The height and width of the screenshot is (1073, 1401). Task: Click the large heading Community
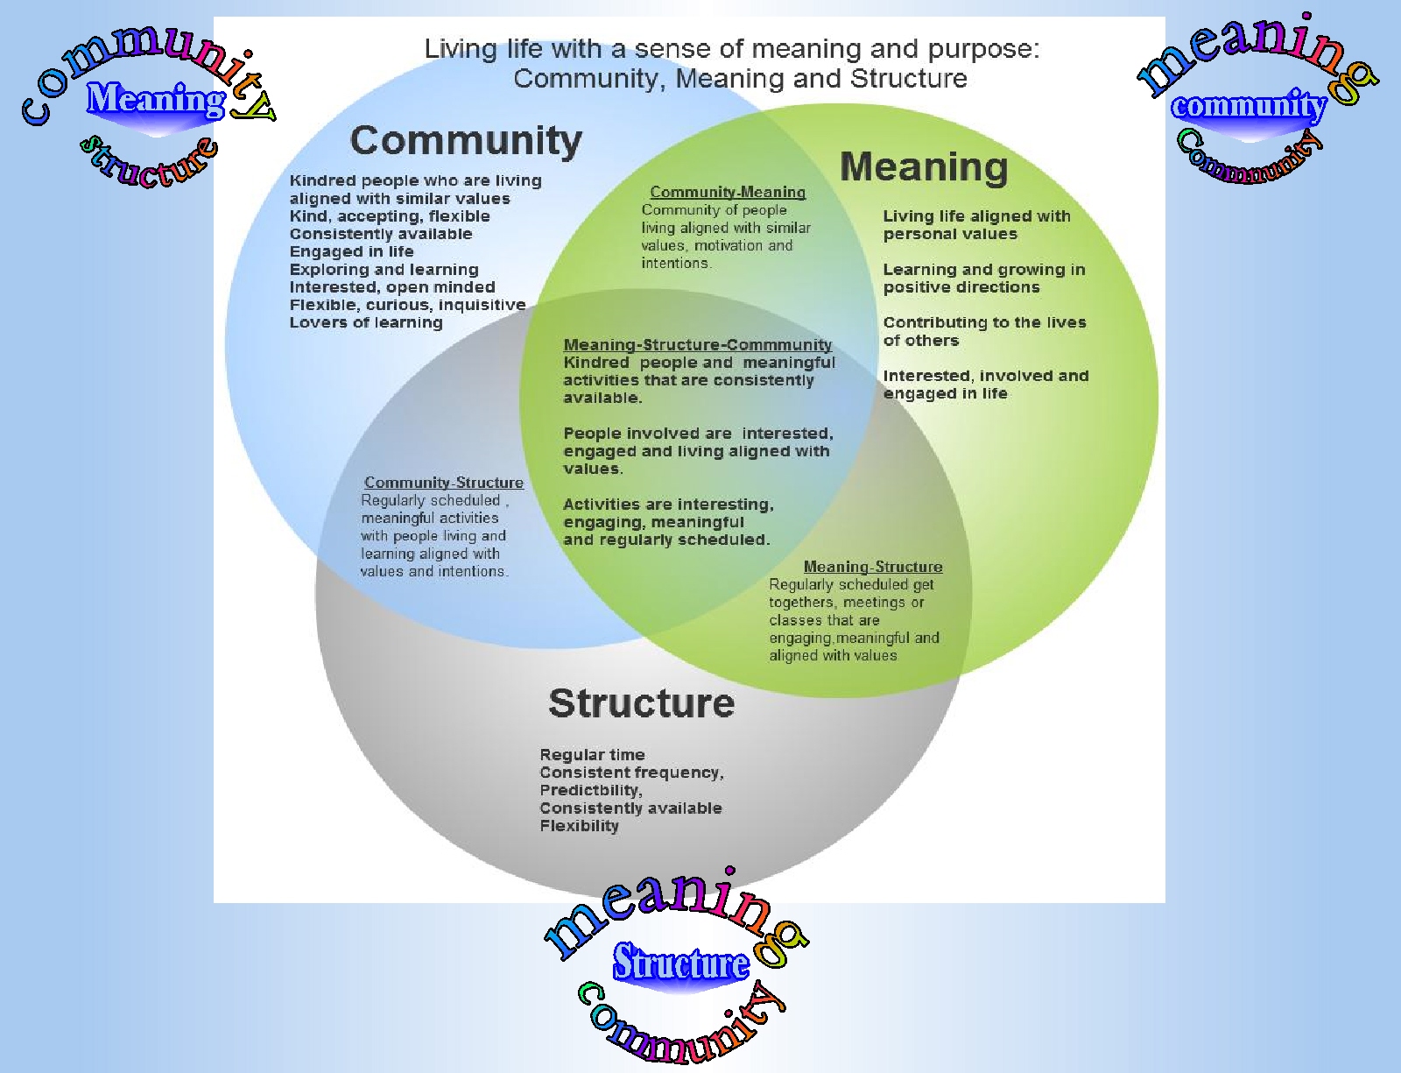pyautogui.click(x=466, y=140)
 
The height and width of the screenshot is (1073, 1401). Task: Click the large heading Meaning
pyautogui.click(x=924, y=166)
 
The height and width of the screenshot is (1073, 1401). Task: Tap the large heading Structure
pyautogui.click(x=641, y=703)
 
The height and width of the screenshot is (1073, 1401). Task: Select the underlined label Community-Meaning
pyautogui.click(x=728, y=192)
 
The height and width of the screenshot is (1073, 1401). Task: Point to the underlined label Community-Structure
pyautogui.click(x=443, y=483)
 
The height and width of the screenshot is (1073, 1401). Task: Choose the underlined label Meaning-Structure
pyautogui.click(x=873, y=567)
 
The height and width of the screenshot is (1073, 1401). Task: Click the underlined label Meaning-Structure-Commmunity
pyautogui.click(x=697, y=345)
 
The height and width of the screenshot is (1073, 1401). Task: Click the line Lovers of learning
pyautogui.click(x=366, y=322)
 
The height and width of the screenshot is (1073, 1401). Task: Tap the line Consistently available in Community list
pyautogui.click(x=381, y=234)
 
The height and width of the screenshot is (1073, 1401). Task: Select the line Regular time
pyautogui.click(x=592, y=755)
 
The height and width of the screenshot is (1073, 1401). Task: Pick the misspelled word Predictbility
pyautogui.click(x=589, y=790)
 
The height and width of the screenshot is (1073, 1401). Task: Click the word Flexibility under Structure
pyautogui.click(x=579, y=826)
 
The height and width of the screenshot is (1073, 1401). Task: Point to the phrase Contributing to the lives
pyautogui.click(x=984, y=322)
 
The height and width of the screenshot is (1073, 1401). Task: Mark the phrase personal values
pyautogui.click(x=950, y=234)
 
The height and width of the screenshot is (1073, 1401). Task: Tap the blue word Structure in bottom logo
pyautogui.click(x=680, y=964)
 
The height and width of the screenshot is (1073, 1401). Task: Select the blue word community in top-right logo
pyautogui.click(x=1249, y=106)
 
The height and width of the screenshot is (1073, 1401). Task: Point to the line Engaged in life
pyautogui.click(x=351, y=251)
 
